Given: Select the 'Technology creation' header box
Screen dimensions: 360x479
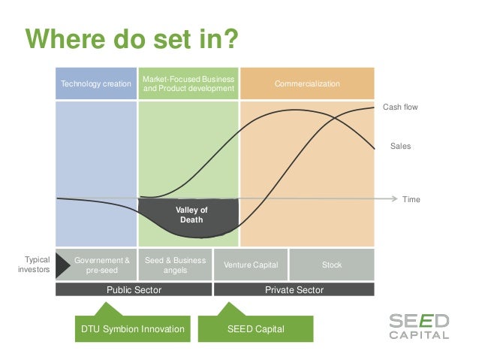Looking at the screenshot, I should [95, 83].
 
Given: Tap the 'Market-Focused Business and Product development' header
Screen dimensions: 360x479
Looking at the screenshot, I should [188, 83].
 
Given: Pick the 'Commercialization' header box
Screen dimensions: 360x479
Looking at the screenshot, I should [306, 83].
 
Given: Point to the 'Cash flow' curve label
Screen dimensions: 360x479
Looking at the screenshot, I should [400, 107].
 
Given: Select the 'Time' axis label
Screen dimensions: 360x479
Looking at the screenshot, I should [411, 199].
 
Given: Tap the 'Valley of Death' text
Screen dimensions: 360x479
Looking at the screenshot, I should [191, 215].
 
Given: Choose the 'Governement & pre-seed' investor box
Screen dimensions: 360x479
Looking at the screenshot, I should [95, 265].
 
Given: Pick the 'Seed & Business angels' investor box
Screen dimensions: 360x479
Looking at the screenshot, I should [175, 265].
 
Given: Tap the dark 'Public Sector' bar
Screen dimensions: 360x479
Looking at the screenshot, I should [134, 289].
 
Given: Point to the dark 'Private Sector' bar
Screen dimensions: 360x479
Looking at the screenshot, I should [294, 289].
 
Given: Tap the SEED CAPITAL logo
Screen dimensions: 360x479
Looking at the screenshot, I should [418, 326].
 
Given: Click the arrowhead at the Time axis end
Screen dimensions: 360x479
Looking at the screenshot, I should [393, 198].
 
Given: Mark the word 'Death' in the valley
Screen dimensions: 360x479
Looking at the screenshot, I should [191, 220].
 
